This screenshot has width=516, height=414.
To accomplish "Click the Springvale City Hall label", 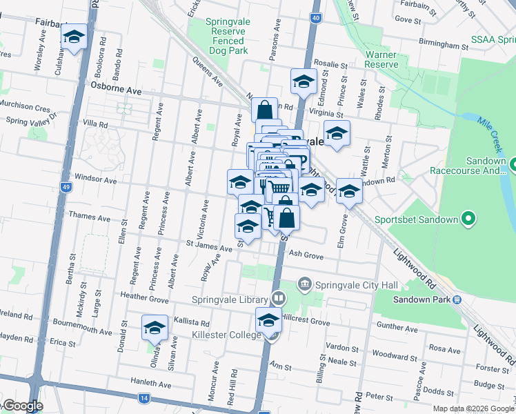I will (348, 284).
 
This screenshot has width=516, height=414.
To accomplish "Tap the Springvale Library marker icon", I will (278, 299).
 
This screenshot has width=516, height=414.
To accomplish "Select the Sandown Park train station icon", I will (456, 299).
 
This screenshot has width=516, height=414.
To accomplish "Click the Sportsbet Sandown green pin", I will (468, 220).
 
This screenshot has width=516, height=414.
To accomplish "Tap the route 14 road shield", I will (143, 398).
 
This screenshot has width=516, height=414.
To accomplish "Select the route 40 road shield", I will (315, 18).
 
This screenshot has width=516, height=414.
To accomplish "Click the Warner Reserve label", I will (381, 59).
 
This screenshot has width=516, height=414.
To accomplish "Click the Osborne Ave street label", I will (116, 91).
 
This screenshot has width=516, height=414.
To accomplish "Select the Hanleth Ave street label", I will (150, 384).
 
